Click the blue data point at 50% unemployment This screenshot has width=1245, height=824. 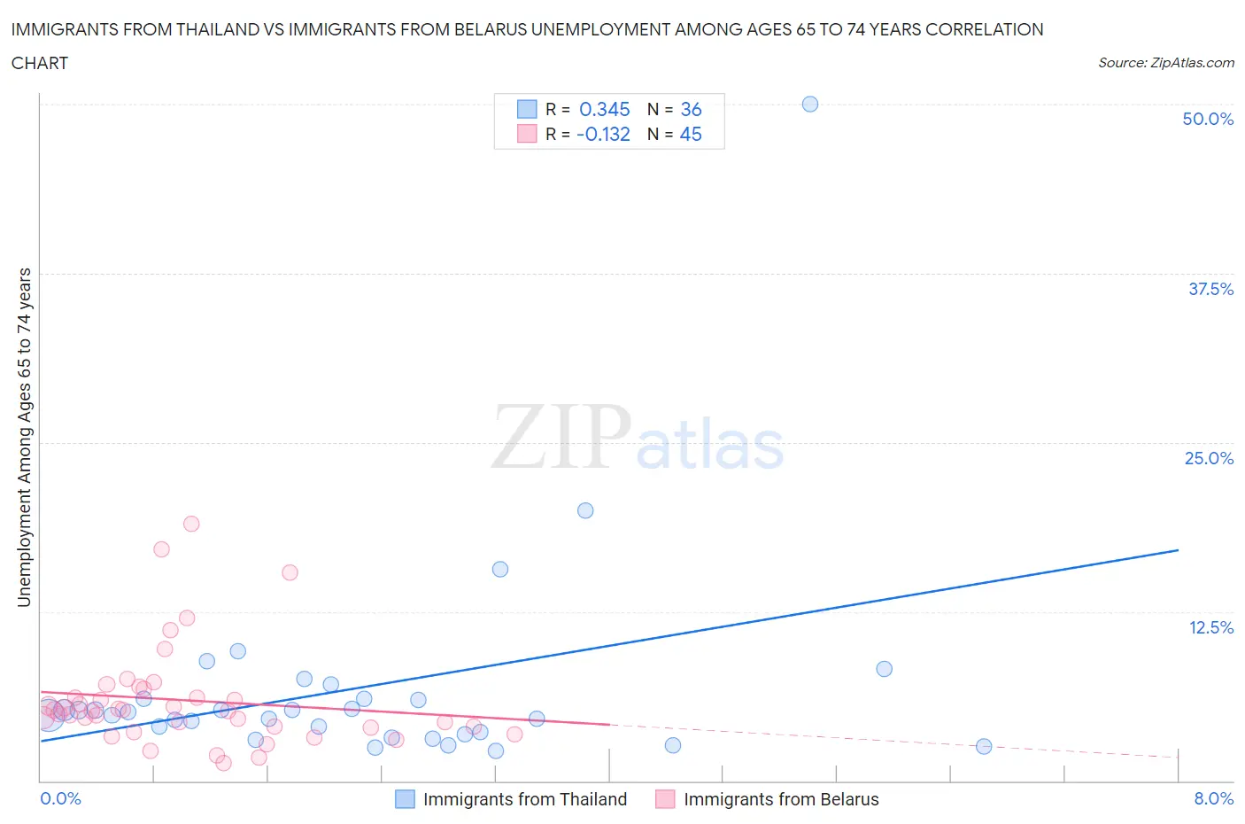(x=809, y=105)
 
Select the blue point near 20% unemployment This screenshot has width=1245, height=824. (x=585, y=510)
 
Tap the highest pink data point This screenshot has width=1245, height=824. (x=191, y=524)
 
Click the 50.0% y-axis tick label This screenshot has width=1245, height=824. (x=1208, y=119)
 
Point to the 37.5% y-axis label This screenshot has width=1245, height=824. (x=1210, y=289)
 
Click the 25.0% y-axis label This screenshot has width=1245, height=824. (x=1209, y=458)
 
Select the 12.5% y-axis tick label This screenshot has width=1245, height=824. (x=1210, y=627)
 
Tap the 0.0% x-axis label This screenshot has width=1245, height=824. (x=60, y=798)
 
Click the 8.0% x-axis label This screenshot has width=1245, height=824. (x=1213, y=798)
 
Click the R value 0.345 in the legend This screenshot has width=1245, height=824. (x=604, y=109)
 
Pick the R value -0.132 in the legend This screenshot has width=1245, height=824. (x=603, y=134)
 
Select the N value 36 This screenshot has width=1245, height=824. (x=691, y=109)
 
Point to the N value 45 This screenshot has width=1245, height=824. (x=691, y=134)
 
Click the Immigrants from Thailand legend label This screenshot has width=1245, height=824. (x=524, y=799)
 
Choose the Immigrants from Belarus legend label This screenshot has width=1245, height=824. (x=781, y=799)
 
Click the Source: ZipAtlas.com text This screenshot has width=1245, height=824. (x=1165, y=62)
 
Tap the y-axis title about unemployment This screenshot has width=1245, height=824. (x=24, y=437)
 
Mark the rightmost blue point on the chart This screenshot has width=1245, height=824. (x=984, y=747)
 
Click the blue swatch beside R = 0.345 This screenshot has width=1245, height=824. (x=527, y=109)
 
